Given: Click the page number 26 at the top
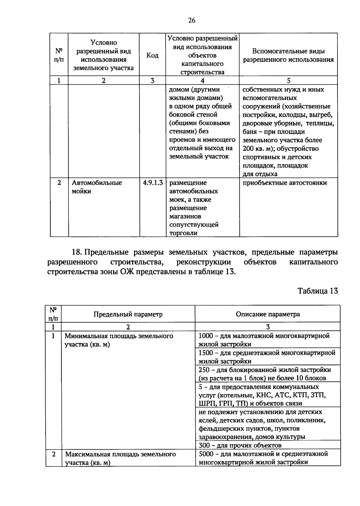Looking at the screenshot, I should tap(192, 20).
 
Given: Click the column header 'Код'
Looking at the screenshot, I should tap(152, 55).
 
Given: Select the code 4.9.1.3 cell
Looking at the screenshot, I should tap(153, 183).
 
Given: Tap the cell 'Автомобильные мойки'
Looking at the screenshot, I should tap(97, 187).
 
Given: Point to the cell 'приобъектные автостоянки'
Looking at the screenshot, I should tap(285, 183).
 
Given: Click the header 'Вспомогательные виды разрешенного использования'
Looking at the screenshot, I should tap(288, 55).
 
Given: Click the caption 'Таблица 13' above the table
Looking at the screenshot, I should tap(318, 291).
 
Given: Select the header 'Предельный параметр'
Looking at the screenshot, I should tap(128, 314).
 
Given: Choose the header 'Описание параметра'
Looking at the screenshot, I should tap(268, 314).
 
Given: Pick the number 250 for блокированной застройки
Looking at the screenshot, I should tap(204, 370).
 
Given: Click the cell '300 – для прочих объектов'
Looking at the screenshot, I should tap(240, 445).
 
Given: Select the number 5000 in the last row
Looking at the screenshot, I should tap(206, 454).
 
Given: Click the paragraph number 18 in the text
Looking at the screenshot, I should tap(77, 252).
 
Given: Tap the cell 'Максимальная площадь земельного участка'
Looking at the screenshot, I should tap(120, 458).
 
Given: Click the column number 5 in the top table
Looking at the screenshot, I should tap(288, 80).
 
